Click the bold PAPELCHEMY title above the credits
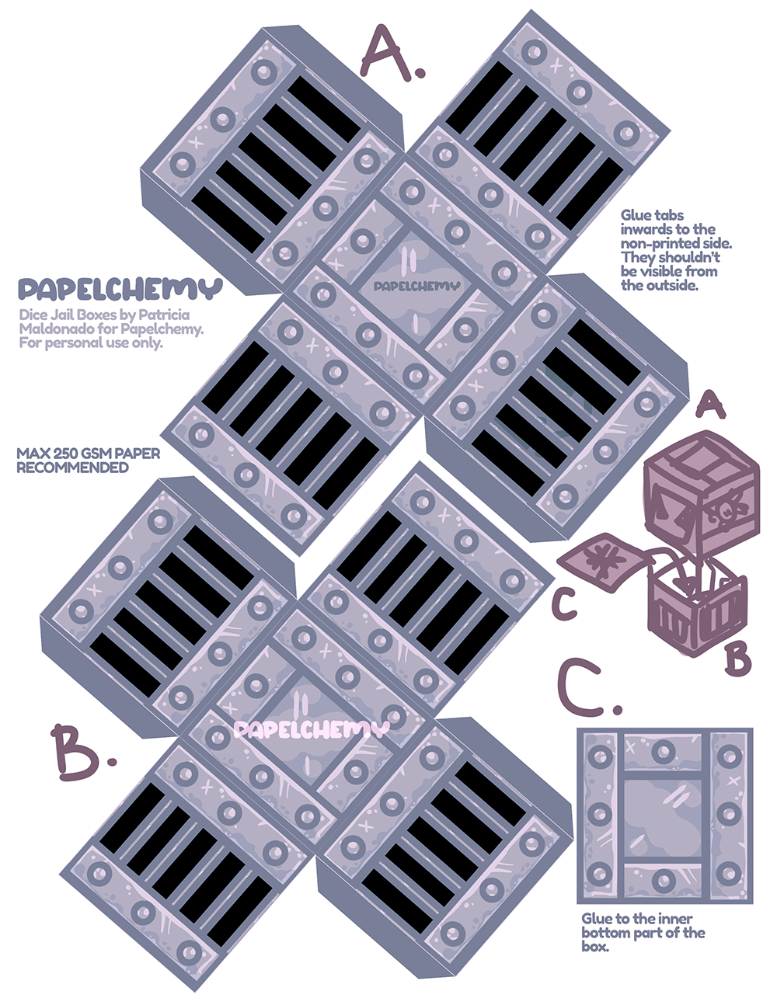coord(120,290)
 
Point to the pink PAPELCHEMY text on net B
coord(310,729)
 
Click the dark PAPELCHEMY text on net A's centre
coord(416,286)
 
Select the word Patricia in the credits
coord(163,315)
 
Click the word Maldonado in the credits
coord(52,329)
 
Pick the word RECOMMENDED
coord(72,468)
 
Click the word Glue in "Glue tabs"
coord(636,216)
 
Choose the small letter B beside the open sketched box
coord(737,659)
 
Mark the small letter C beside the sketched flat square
coord(565,604)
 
